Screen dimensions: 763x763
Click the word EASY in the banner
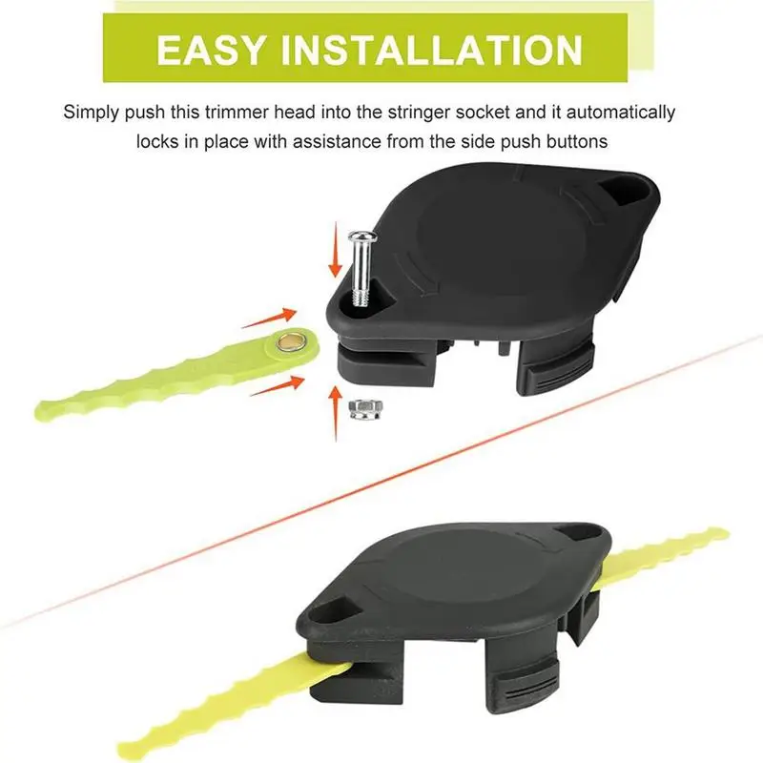point(212,50)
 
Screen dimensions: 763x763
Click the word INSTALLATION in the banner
point(432,50)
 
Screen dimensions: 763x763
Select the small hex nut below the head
point(366,408)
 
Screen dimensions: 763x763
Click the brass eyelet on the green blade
point(289,343)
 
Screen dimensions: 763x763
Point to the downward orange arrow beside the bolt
point(335,249)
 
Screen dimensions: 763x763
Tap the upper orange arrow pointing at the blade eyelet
point(269,318)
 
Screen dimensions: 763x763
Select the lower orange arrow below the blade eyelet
point(278,385)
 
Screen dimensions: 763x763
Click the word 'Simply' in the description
point(91,113)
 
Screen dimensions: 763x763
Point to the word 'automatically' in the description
point(621,113)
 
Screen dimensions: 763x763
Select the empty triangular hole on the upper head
point(626,191)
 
